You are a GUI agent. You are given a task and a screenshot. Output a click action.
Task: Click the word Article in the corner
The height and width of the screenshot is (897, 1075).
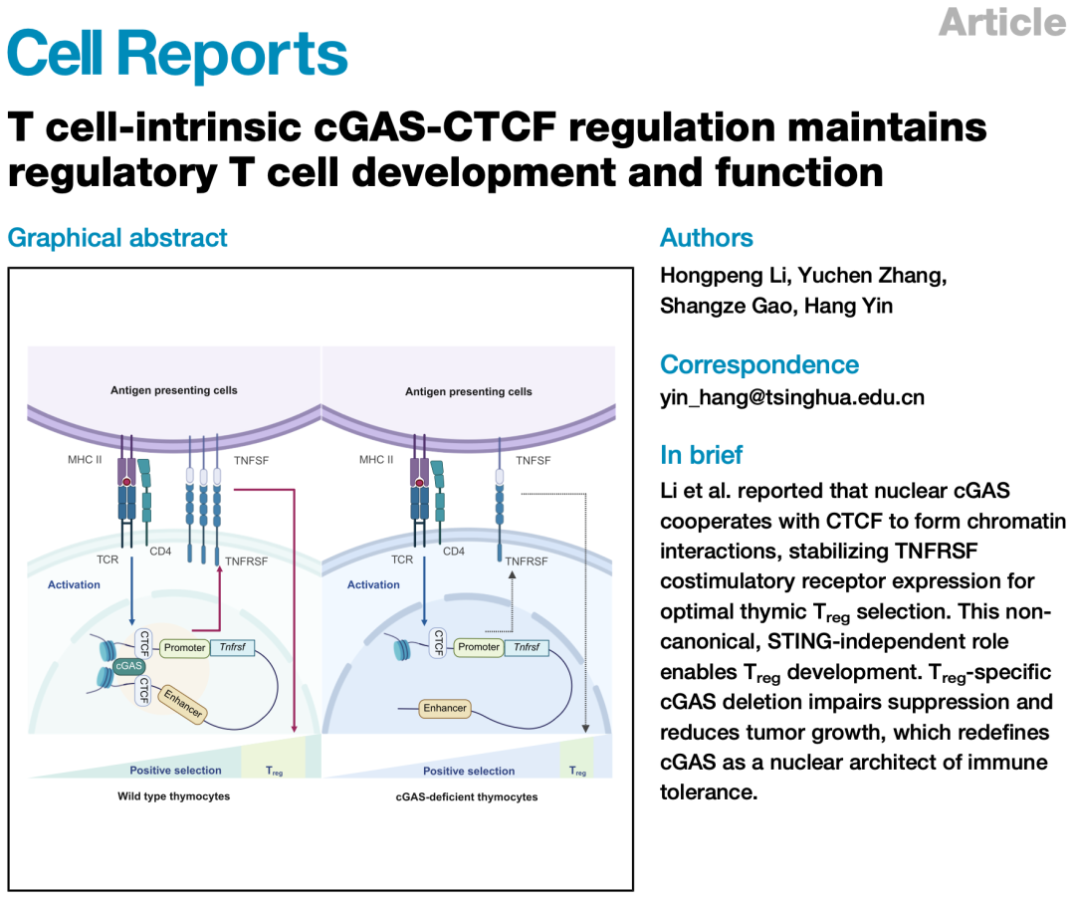pyautogui.click(x=1001, y=22)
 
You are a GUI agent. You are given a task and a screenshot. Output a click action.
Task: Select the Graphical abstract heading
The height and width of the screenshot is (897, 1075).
pyautogui.click(x=117, y=238)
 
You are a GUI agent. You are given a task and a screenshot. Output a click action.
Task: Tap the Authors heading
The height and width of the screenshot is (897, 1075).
pyautogui.click(x=706, y=238)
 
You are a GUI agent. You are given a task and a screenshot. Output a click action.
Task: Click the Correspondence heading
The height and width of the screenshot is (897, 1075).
pyautogui.click(x=758, y=364)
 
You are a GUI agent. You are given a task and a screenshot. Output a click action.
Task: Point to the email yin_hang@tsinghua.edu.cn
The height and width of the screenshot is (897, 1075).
pyautogui.click(x=791, y=397)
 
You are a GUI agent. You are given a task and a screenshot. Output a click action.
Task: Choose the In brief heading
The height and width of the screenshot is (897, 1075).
pyautogui.click(x=701, y=455)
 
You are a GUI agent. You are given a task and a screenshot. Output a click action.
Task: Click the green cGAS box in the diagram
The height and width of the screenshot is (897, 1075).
pyautogui.click(x=128, y=665)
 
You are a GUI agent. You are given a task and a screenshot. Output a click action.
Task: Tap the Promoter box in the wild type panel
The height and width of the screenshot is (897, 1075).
pyautogui.click(x=184, y=647)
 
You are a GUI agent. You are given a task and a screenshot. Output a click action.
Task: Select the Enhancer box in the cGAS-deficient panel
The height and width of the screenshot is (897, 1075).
pyautogui.click(x=444, y=708)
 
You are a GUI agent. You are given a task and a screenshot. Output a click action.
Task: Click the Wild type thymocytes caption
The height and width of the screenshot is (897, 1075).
pyautogui.click(x=173, y=796)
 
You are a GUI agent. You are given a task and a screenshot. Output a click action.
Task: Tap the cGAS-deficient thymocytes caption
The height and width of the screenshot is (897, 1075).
pyautogui.click(x=468, y=796)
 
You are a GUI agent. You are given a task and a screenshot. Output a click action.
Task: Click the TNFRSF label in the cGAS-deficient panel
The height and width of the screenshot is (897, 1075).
pyautogui.click(x=526, y=561)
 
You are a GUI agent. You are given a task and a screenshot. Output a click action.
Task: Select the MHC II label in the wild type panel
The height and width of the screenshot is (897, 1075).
pyautogui.click(x=84, y=460)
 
